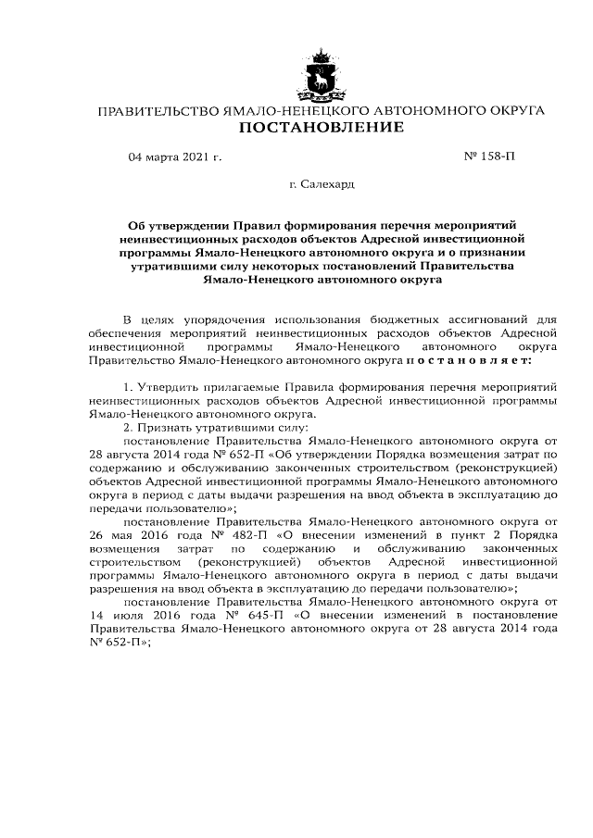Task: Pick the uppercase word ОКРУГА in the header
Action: click(x=511, y=110)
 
